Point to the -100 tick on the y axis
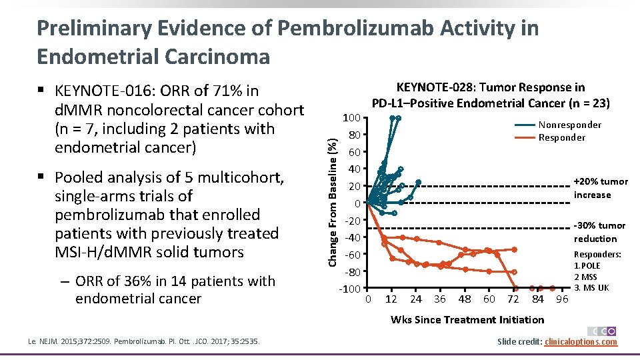(350, 289)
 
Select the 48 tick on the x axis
(465, 299)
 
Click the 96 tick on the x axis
(562, 299)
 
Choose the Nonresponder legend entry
(569, 125)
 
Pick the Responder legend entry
(561, 137)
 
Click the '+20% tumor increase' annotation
(601, 188)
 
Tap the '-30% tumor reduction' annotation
(599, 232)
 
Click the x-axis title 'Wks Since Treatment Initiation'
(467, 319)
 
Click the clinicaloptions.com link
(581, 342)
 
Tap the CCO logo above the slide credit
(602, 331)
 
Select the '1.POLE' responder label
(587, 266)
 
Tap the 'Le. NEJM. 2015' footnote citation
(66, 343)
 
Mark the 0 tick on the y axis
(357, 203)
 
